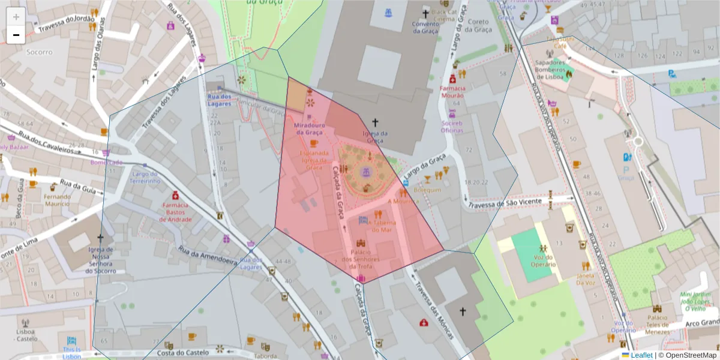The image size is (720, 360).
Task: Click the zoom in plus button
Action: pos(16,16)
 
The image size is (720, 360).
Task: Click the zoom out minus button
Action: pos(16,35)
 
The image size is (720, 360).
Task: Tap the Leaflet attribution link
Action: pos(641,355)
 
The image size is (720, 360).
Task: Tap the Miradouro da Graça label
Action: pos(310,128)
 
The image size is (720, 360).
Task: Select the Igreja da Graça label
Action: pos(376,137)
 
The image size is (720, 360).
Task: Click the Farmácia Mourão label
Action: pos(452,91)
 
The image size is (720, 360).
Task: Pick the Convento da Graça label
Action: pos(426,28)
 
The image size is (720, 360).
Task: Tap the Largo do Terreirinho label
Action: pos(144,177)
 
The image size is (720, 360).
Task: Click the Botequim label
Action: pos(427,190)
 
